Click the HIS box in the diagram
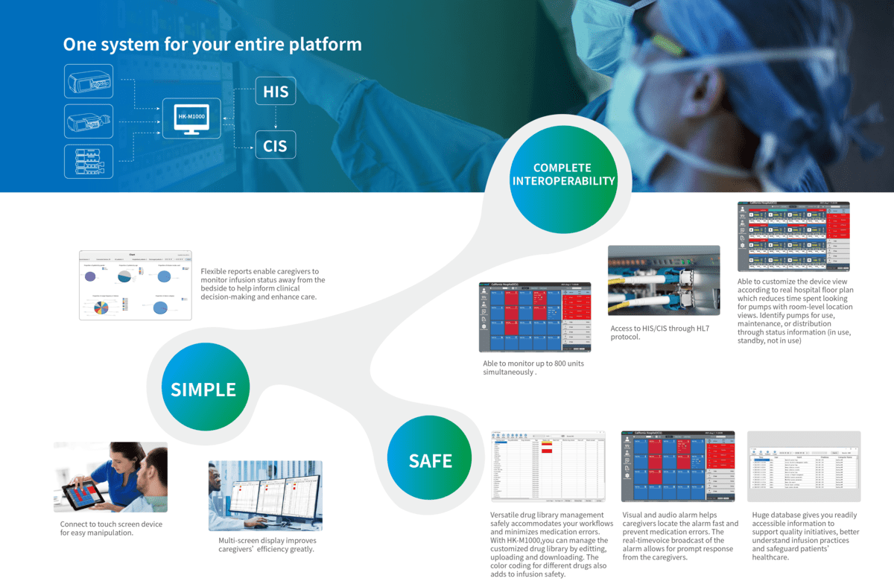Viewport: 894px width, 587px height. click(x=275, y=92)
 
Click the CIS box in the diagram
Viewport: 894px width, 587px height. click(x=275, y=145)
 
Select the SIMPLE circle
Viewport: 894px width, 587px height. click(x=203, y=390)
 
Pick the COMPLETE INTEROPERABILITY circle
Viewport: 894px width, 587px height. click(x=562, y=174)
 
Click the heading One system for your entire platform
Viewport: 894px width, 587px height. click(x=212, y=45)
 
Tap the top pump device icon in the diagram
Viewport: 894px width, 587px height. click(x=89, y=81)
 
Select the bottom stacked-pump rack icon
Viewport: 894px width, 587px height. click(x=89, y=162)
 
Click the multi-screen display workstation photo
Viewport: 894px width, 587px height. click(x=265, y=495)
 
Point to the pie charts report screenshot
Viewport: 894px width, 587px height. click(x=136, y=285)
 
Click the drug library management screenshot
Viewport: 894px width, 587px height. click(x=548, y=466)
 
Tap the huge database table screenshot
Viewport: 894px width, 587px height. click(x=804, y=466)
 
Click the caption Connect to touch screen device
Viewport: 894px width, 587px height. click(x=111, y=528)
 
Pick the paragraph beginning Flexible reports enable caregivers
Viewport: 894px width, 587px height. click(x=263, y=284)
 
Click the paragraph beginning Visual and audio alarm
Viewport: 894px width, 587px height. click(x=680, y=536)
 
